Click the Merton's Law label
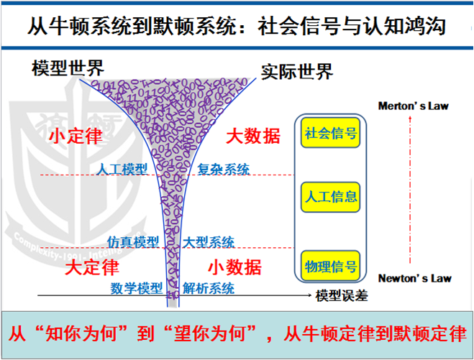[x=414, y=106]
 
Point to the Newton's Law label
[x=414, y=277]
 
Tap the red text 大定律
[x=91, y=267]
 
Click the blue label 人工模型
[x=122, y=170]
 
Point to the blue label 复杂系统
[x=224, y=170]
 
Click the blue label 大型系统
[x=209, y=242]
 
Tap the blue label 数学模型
[x=137, y=288]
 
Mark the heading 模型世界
[x=68, y=68]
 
